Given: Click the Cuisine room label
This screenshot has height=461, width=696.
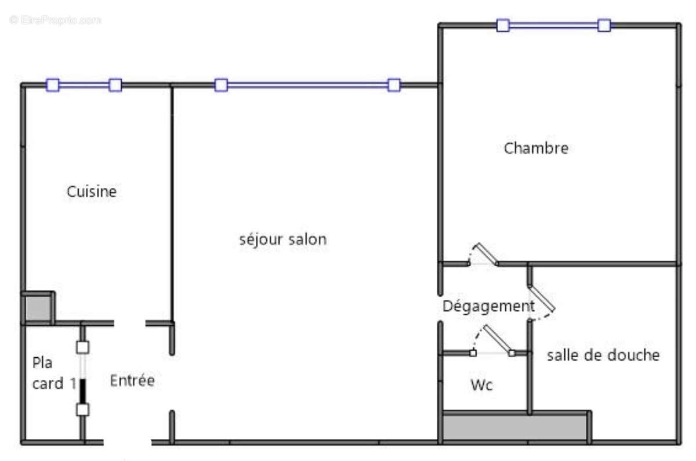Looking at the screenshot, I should pos(92,191).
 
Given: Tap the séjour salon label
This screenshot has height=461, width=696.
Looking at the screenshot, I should pos(283,239).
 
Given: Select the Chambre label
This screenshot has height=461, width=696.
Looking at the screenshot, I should pos(536,148).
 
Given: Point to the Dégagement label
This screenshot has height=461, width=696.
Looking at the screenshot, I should pos(488,306).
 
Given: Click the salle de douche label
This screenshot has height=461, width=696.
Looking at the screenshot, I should pos(603,355).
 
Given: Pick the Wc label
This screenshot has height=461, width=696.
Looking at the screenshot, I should pos(481,384).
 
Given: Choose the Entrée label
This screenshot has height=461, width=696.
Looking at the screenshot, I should pos(132,381).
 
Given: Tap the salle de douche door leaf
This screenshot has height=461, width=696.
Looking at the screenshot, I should pos(542,298).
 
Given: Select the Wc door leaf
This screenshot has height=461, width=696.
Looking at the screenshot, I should pos(498,339).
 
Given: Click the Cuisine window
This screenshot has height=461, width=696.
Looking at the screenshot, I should pos(84,85).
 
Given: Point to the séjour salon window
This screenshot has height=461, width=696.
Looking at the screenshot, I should pos(307,85).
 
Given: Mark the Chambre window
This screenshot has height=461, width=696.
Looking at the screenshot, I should pos(553,26).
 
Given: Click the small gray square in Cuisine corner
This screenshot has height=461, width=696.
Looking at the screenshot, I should pos(38,308).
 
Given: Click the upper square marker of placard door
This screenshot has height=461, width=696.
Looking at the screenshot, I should pos(83,347).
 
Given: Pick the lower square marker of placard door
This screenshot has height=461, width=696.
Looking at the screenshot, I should pos(83,409).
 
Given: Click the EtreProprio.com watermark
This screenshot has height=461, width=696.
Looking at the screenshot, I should pos(56,20).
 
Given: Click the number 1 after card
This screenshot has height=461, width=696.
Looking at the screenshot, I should pos(72,383).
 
